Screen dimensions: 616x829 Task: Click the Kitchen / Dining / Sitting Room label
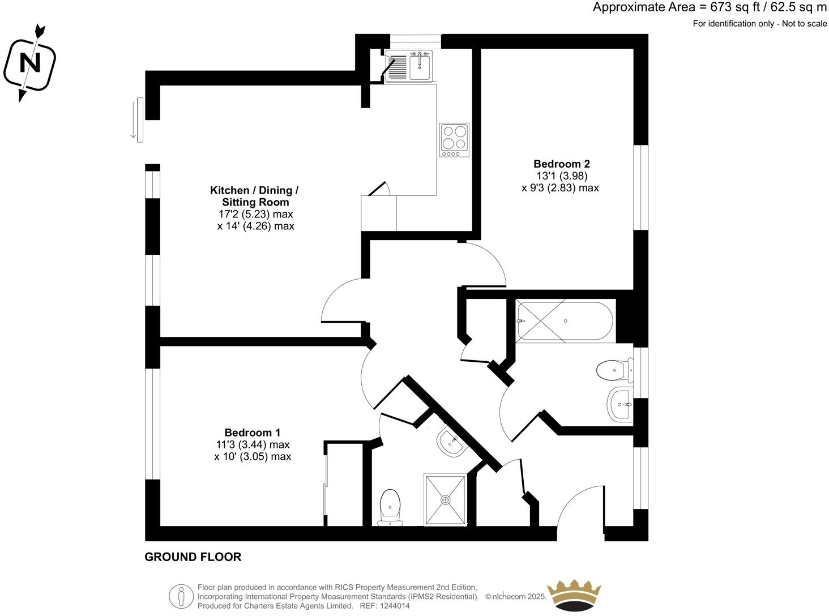[254, 196]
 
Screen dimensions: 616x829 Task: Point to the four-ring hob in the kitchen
[454, 140]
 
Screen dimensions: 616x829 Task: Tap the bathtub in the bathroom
[564, 321]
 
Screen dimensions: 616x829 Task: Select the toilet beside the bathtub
[614, 371]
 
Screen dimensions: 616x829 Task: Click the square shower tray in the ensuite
[445, 500]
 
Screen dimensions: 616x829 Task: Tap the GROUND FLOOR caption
[193, 557]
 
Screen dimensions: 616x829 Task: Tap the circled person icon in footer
[181, 596]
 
